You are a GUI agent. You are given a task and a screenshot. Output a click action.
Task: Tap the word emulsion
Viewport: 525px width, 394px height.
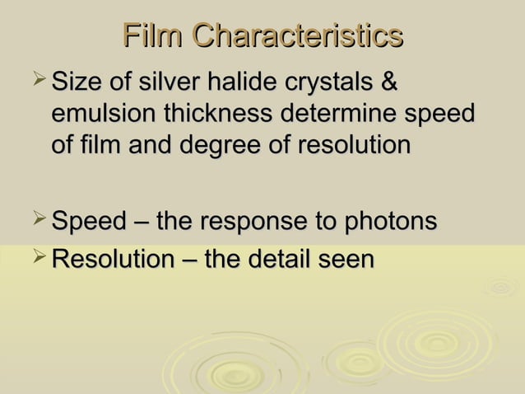tap(103, 114)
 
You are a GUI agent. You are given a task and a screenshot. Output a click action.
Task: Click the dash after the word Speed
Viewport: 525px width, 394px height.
tap(140, 223)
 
